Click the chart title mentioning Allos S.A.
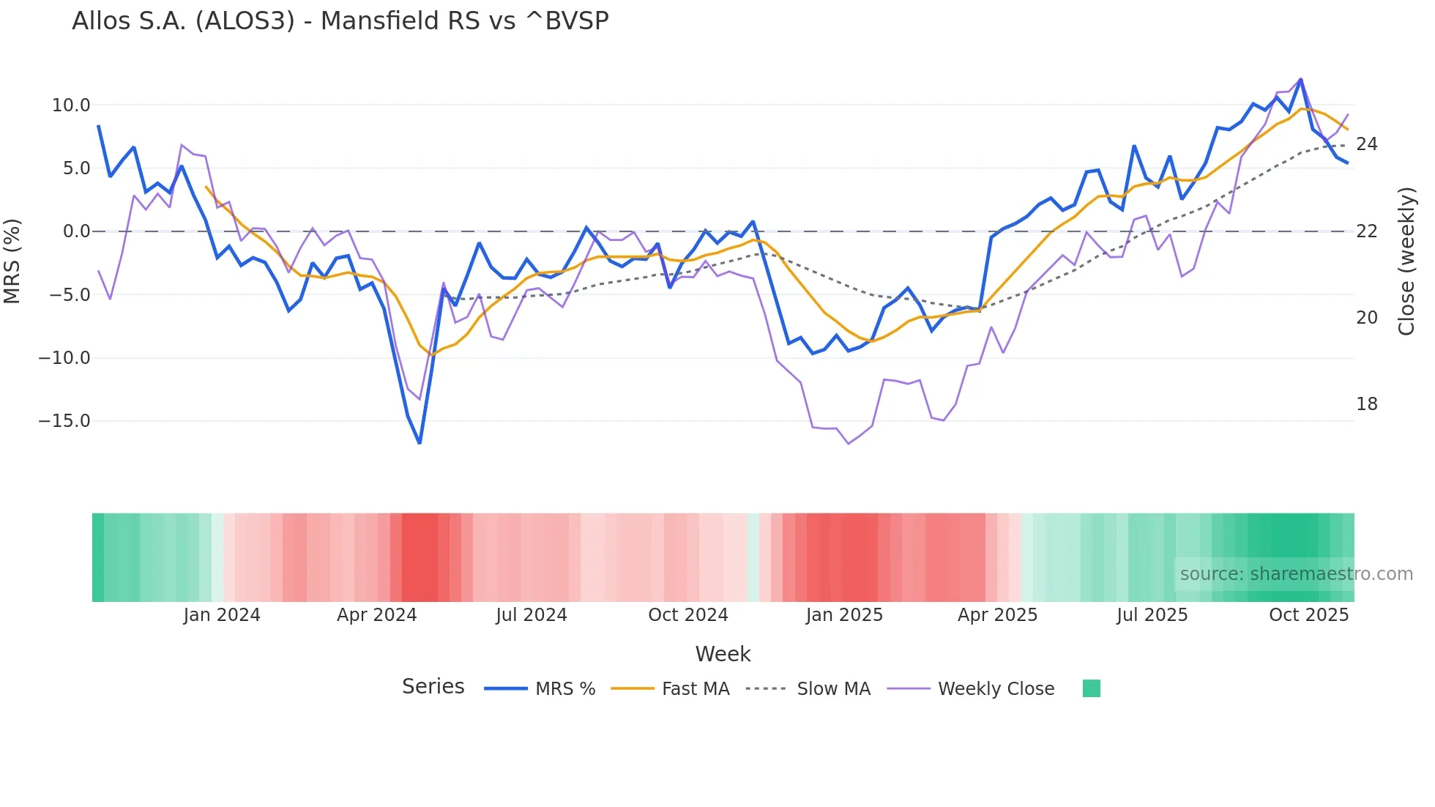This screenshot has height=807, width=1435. [340, 21]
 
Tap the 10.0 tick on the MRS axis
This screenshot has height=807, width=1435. [71, 105]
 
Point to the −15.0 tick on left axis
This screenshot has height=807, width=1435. [64, 421]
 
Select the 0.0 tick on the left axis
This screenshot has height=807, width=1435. [77, 231]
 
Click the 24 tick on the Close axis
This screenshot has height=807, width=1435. [1366, 144]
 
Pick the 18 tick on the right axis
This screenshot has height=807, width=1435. [1366, 404]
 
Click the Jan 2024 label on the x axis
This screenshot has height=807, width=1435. [222, 615]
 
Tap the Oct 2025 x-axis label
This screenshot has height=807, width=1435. [1308, 615]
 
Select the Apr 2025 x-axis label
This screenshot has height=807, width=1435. [997, 615]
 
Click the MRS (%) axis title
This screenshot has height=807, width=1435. [12, 261]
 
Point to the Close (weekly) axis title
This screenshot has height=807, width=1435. [1406, 261]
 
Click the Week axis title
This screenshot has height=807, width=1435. [723, 654]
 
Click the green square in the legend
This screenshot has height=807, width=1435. [1091, 688]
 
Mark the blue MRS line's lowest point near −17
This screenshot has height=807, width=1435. [420, 443]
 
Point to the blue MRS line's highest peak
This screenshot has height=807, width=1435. [1301, 79]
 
